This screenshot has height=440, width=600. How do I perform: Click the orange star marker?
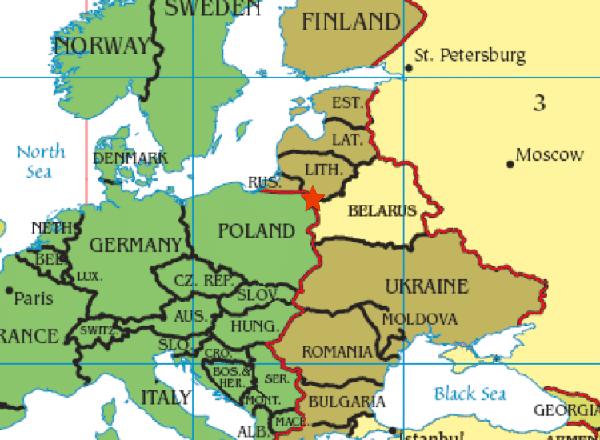coord(312,198)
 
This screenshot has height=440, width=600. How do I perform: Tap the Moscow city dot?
coord(510,164)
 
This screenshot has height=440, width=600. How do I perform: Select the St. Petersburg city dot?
coord(409,68)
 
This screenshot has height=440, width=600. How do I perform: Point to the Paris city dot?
coord(9,290)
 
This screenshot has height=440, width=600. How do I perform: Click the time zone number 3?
coord(541,102)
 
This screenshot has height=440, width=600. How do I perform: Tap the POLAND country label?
coord(257,231)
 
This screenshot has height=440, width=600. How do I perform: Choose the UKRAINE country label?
coord(426,286)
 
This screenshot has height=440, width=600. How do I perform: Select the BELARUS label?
coord(382,211)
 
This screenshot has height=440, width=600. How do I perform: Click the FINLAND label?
coord(350,22)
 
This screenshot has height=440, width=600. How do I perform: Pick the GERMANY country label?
coord(135,245)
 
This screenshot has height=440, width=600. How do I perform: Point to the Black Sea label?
coord(470,394)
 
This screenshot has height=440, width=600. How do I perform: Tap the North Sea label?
coord(41,161)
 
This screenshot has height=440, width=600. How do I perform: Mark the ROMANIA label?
coord(337,352)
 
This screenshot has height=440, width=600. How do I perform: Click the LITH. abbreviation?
coord(324,170)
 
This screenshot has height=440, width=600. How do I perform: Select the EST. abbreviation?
coord(347,102)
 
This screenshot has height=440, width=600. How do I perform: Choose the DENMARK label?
coord(130,158)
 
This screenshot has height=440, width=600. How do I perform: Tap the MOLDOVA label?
coord(420,319)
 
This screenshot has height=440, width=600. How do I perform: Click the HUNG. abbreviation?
coord(254,326)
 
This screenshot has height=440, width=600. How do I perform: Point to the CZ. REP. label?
coord(204,282)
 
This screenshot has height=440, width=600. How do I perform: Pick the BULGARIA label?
coord(347,402)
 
